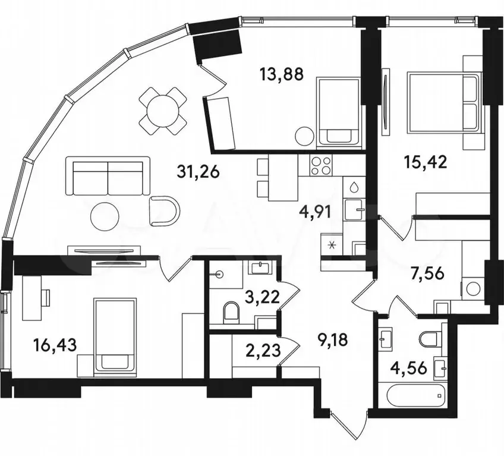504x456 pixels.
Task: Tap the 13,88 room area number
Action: (x=282, y=74)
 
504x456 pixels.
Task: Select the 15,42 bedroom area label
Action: (x=426, y=162)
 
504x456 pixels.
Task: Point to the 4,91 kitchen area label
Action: (x=314, y=212)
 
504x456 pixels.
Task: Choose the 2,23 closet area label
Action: (x=263, y=350)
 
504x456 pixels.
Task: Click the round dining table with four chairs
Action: (x=163, y=111)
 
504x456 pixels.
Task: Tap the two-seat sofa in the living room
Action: (x=108, y=176)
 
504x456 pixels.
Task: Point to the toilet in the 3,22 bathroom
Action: (x=231, y=311)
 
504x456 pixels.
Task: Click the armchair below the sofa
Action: (x=165, y=211)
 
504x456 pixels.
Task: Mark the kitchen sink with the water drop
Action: (x=354, y=187)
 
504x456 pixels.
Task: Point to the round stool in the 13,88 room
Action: (x=304, y=137)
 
